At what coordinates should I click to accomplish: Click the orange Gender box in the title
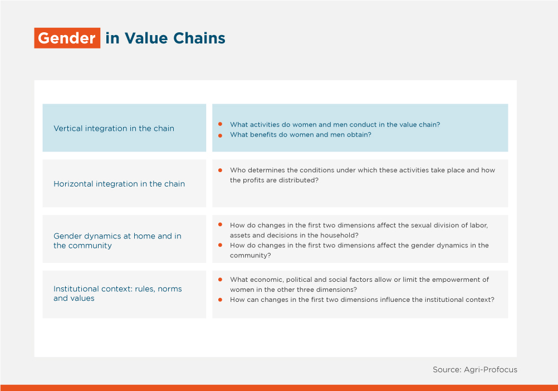click(x=67, y=38)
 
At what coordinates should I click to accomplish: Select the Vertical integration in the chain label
click(x=114, y=129)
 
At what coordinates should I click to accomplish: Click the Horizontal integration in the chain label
click(x=119, y=184)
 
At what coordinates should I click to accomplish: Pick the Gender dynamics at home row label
click(x=118, y=241)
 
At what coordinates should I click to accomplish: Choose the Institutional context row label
click(x=118, y=294)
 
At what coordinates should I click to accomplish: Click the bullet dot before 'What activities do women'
click(x=221, y=124)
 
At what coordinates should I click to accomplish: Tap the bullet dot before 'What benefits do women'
click(x=221, y=135)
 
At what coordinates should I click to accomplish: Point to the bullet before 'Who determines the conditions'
click(x=221, y=170)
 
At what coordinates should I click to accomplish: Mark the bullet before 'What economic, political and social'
click(x=221, y=280)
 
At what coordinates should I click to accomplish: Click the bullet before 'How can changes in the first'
click(x=221, y=300)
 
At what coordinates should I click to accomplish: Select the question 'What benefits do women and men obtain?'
click(x=301, y=135)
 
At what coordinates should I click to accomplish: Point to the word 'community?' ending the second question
click(x=251, y=256)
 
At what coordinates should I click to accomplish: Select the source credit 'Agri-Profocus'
click(x=491, y=370)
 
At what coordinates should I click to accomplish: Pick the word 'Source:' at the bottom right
click(x=447, y=370)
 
